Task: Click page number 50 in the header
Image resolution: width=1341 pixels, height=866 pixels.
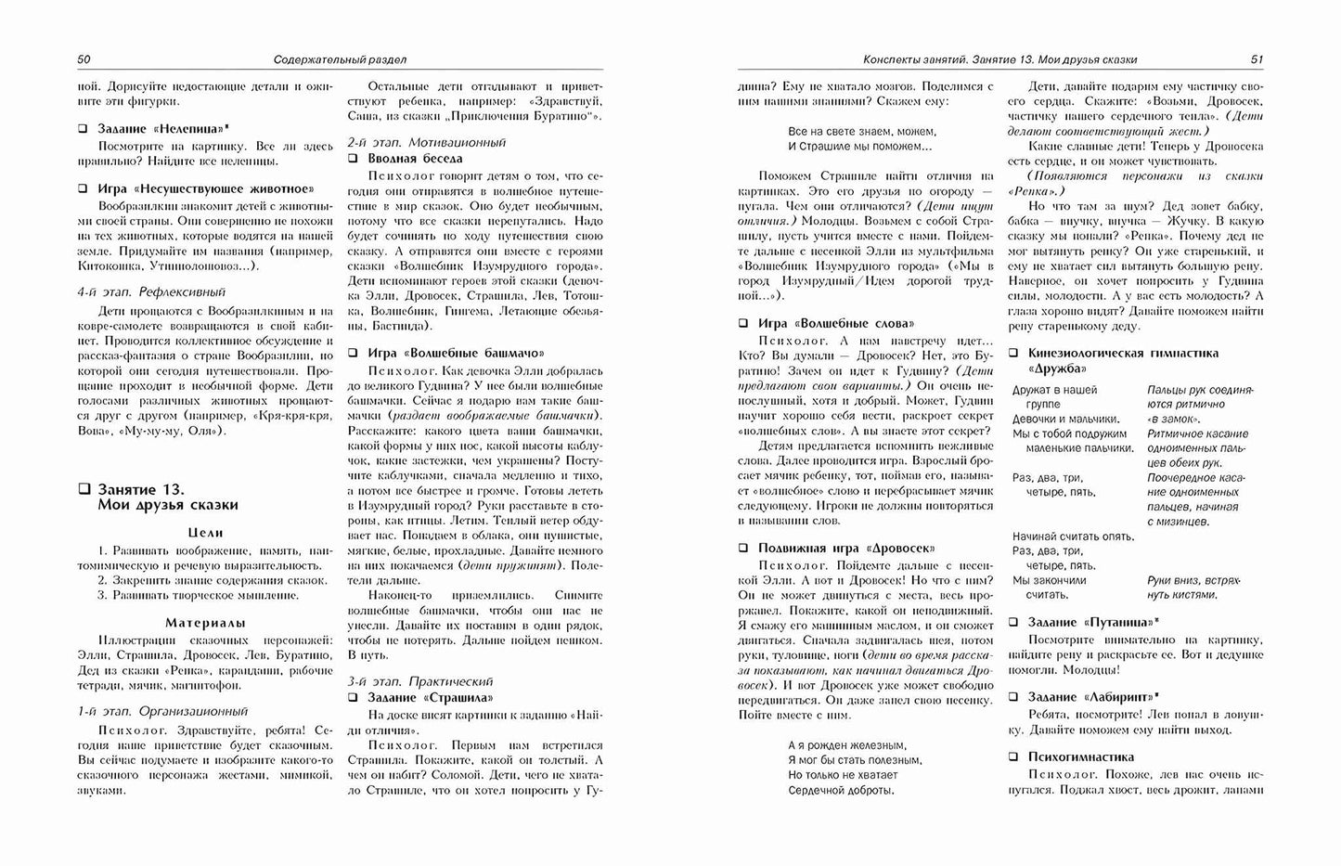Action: pos(84,59)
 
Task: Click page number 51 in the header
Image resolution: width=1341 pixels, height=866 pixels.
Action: pos(1257,59)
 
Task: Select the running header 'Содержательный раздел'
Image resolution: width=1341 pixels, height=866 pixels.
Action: pos(341,59)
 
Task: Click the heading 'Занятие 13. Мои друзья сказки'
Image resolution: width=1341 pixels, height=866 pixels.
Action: pos(167,497)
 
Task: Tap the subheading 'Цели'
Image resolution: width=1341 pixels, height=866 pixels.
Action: pos(205,533)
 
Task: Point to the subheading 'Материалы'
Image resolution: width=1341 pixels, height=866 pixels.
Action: pos(205,622)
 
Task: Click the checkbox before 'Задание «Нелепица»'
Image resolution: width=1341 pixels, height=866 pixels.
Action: pos(84,131)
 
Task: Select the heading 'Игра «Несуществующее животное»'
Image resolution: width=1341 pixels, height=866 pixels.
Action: pos(205,188)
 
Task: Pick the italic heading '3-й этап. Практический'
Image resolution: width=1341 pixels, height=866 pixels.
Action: pos(420,680)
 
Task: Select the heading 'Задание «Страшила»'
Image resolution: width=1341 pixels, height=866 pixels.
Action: pos(431,697)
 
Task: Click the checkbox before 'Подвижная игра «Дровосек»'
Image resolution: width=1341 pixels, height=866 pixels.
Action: pos(743,548)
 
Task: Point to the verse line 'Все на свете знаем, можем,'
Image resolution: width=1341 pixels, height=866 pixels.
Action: pos(862,132)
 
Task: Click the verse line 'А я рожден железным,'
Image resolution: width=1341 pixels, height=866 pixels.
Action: pos(846,745)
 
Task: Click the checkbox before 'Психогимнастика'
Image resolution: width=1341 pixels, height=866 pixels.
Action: pos(1014,756)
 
